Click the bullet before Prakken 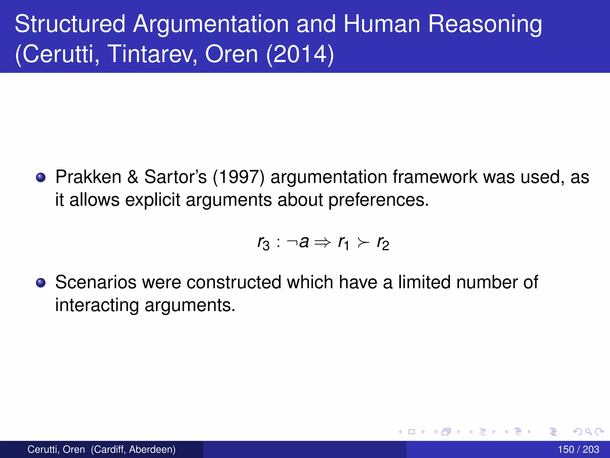(41, 178)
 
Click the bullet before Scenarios (41, 283)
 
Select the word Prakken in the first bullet (88, 177)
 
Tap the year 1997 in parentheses (239, 177)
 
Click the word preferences (378, 200)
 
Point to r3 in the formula (263, 243)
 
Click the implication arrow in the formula (323, 242)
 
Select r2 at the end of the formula (383, 243)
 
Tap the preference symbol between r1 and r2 (363, 242)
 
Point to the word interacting (97, 305)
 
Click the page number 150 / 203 (578, 449)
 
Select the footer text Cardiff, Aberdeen (133, 449)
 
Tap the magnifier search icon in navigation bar (588, 431)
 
